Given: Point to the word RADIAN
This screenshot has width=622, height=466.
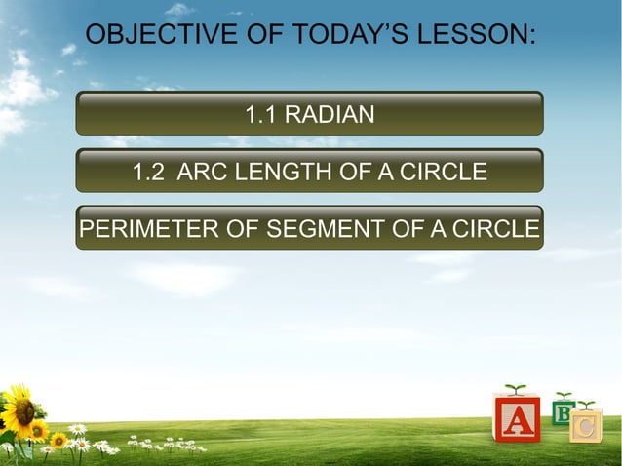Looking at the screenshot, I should tap(331, 115).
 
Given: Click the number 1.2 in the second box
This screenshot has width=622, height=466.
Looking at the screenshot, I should tap(148, 173).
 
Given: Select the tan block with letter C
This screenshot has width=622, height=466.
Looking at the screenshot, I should tap(585, 425).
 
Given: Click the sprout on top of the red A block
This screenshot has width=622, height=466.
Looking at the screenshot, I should tap(516, 390).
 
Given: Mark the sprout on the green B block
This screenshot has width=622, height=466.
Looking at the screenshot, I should tap(564, 396).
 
